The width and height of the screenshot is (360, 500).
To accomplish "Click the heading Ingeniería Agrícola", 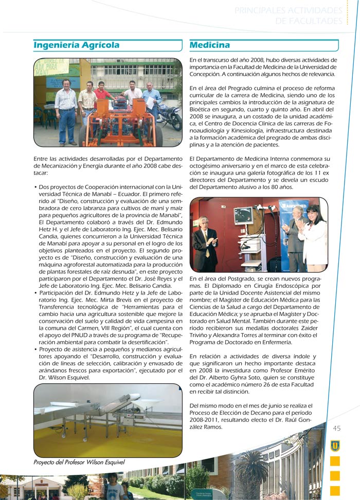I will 76,45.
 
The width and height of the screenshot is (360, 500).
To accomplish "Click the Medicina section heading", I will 209,45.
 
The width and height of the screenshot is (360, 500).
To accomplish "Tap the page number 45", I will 337,428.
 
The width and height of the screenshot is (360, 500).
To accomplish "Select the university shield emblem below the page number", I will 335,446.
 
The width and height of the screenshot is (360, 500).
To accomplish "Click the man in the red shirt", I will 103,95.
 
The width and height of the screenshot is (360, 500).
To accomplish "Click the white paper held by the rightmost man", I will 150,102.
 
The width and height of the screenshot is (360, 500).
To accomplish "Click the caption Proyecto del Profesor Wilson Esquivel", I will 79,462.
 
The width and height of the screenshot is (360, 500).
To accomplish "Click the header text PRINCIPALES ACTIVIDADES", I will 288,11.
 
